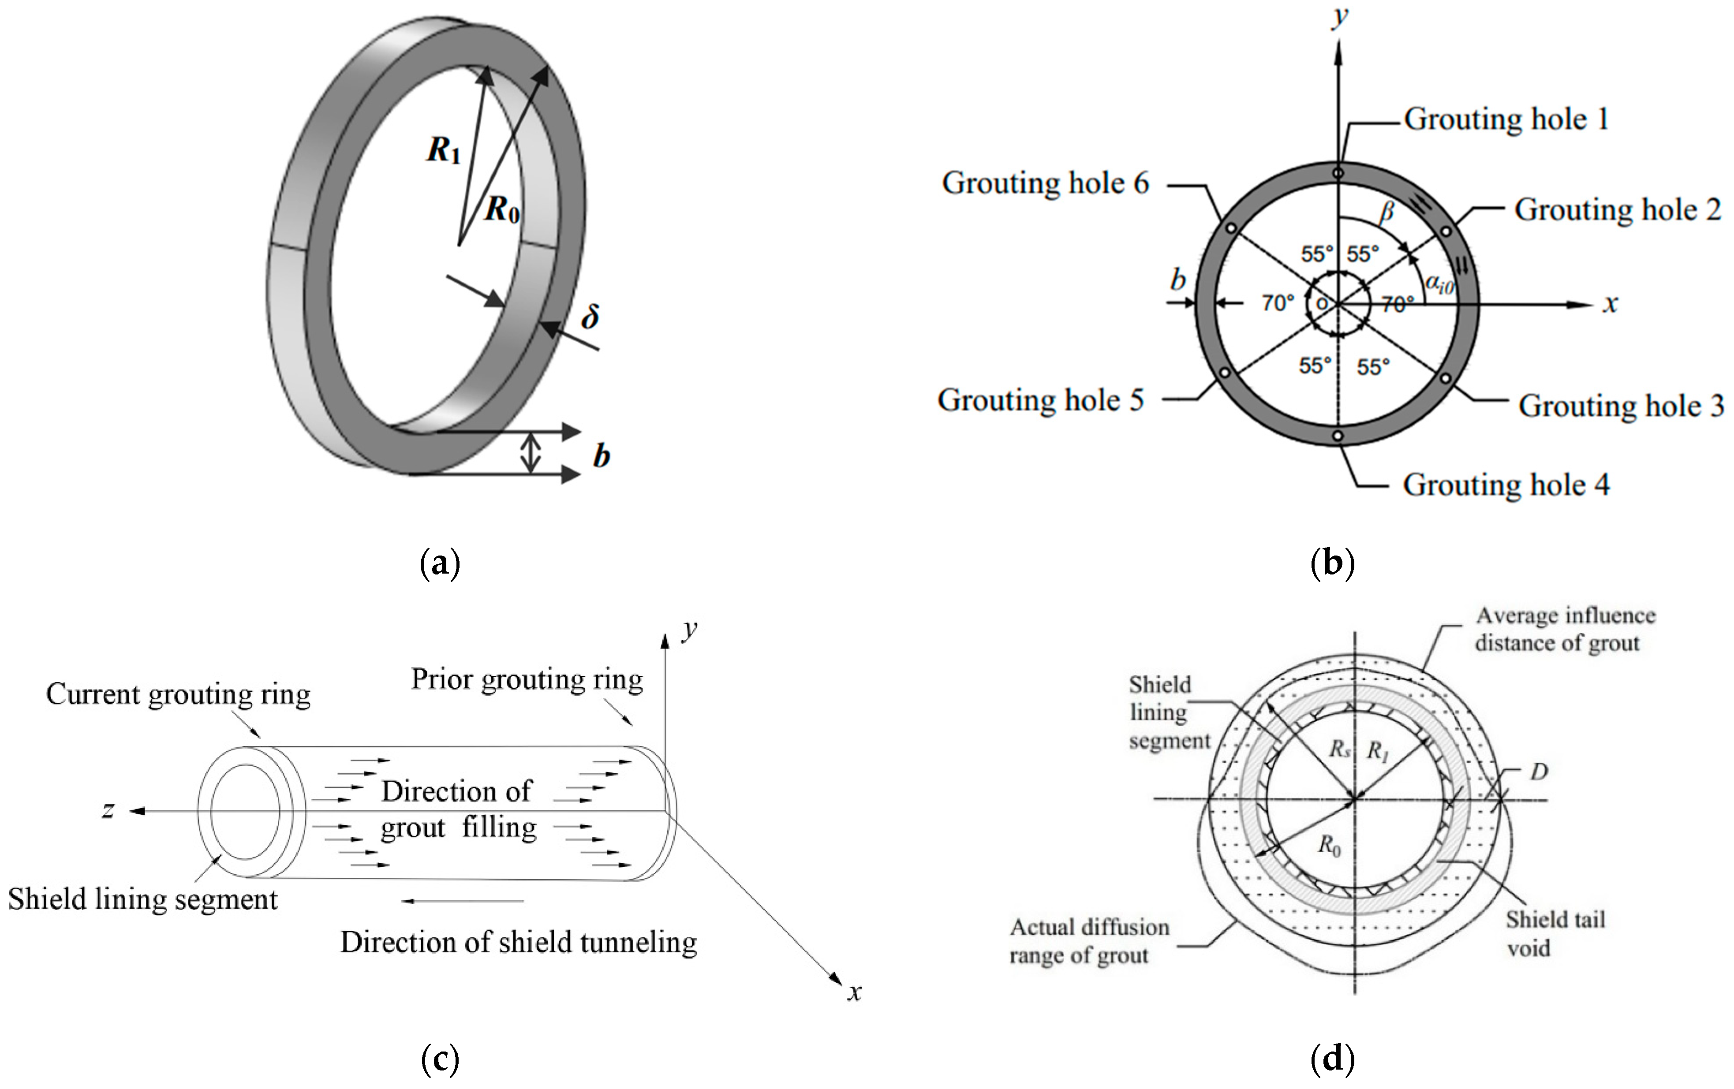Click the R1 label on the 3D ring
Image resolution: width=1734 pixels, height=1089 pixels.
[443, 150]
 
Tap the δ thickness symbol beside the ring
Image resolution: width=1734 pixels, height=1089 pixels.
[590, 316]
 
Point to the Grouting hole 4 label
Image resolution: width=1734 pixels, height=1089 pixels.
[1506, 485]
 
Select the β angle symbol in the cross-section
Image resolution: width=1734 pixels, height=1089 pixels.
[1386, 212]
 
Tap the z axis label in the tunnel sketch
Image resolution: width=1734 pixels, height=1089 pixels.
[108, 810]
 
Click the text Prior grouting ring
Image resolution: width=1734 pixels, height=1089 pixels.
[527, 679]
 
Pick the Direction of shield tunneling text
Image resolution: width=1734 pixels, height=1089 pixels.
[519, 942]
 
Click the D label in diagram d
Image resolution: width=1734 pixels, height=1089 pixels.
[1539, 772]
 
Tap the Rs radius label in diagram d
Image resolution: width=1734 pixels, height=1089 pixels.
[1339, 749]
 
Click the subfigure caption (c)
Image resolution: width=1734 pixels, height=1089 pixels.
[439, 1059]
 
